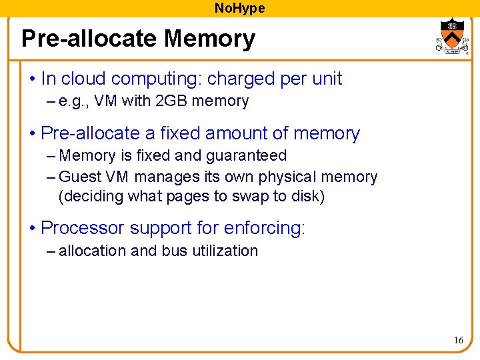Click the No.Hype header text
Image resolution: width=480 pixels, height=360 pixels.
(239, 8)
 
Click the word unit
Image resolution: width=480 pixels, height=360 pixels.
(327, 79)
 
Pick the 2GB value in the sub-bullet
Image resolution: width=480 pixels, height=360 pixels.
(173, 101)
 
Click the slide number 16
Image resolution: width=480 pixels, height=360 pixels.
(459, 341)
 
